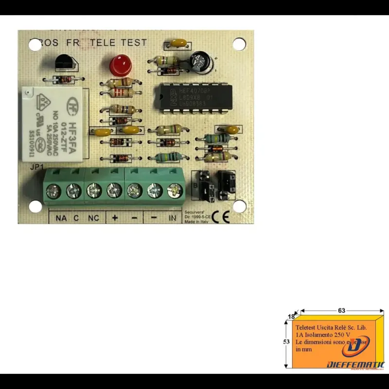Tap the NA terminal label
pyautogui.click(x=61, y=218)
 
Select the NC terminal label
pyautogui.click(x=93, y=218)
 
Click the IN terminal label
pyautogui.click(x=172, y=218)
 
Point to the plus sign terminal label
pyautogui.click(x=115, y=217)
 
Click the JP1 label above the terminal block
pyautogui.click(x=36, y=166)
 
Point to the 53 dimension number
pyautogui.click(x=286, y=341)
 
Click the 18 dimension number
pyautogui.click(x=291, y=317)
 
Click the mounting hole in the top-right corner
pyautogui.click(x=239, y=44)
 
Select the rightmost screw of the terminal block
pyautogui.click(x=174, y=190)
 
